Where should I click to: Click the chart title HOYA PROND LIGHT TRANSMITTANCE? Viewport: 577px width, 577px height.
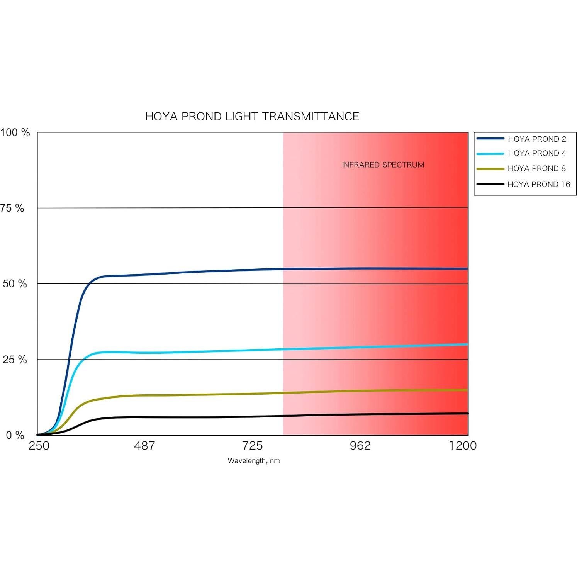(252, 117)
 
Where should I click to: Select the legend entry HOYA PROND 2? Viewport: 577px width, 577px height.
(537, 139)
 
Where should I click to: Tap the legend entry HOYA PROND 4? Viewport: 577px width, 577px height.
(537, 153)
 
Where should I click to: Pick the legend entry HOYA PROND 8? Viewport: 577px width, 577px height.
(536, 168)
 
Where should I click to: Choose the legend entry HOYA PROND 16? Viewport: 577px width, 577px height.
(538, 184)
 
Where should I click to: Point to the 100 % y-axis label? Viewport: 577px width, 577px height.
(15, 132)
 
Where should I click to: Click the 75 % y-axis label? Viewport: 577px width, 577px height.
(12, 208)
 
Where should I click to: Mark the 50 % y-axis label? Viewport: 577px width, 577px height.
(15, 284)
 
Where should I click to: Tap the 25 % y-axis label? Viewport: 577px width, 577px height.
(15, 360)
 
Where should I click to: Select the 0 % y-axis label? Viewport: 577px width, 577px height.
(15, 435)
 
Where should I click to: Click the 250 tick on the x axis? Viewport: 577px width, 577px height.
(39, 446)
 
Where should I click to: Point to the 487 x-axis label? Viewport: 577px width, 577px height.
(144, 446)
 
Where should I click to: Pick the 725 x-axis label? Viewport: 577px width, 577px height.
(252, 446)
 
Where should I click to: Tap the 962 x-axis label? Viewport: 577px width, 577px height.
(360, 446)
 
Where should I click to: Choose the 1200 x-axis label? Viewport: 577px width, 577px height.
(463, 446)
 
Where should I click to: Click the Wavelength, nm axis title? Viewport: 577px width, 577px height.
(254, 461)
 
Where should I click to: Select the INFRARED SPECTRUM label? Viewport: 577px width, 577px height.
(383, 165)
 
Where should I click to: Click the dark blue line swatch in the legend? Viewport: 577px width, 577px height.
(490, 139)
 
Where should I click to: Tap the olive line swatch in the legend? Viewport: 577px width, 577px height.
(490, 169)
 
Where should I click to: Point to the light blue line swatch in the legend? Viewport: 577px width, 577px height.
(490, 154)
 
